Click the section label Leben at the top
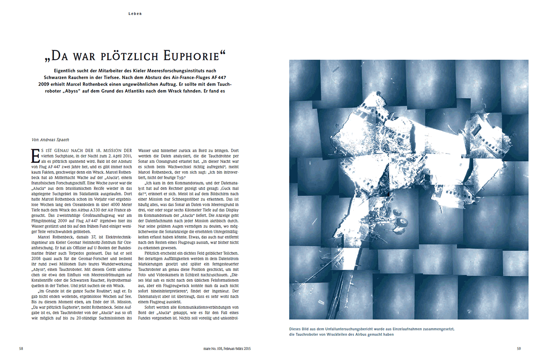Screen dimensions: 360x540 (135, 14)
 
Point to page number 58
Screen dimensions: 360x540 (21, 348)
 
